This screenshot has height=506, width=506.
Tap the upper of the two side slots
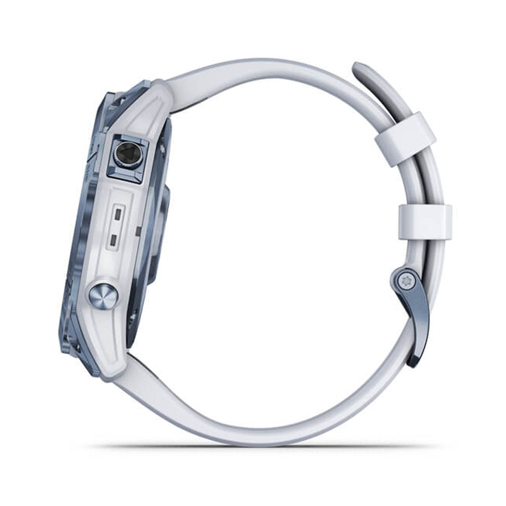coord(117,215)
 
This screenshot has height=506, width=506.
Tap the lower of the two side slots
coord(116,238)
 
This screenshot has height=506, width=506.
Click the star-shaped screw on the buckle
coord(405,281)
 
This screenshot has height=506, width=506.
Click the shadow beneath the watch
coord(263,446)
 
